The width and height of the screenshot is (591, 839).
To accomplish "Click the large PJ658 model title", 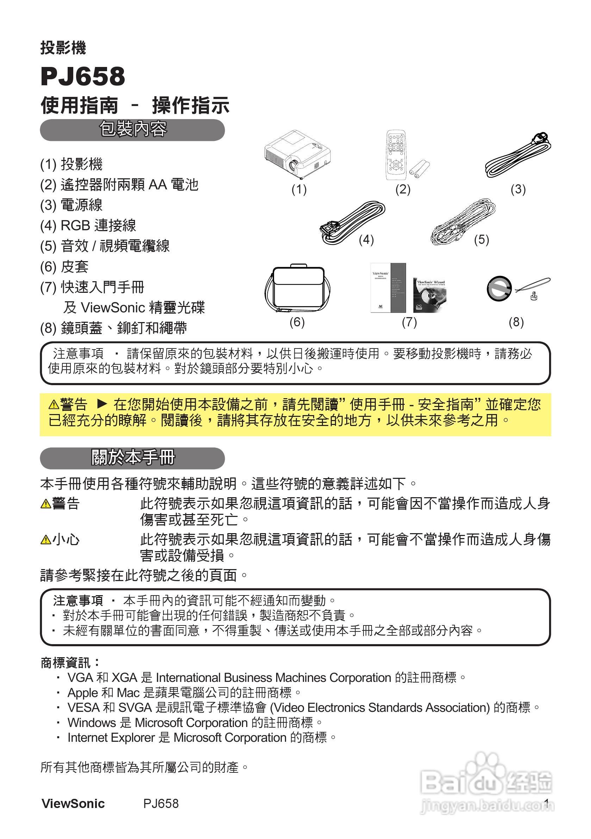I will (83, 76).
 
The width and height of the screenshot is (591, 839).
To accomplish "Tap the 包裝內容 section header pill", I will (132, 130).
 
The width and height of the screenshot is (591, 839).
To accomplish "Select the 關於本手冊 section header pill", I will (132, 458).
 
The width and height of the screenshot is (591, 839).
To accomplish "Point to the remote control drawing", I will (395, 155).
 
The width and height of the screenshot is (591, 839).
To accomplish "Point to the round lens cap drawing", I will (499, 289).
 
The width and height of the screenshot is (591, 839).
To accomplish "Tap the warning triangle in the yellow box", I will (54, 405).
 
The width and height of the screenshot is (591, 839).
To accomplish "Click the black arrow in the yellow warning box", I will (102, 404).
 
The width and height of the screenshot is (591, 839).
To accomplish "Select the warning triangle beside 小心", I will (46, 540).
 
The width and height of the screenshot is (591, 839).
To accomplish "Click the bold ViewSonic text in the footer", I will (73, 803).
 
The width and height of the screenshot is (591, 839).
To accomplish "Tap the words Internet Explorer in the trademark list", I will (111, 738).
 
